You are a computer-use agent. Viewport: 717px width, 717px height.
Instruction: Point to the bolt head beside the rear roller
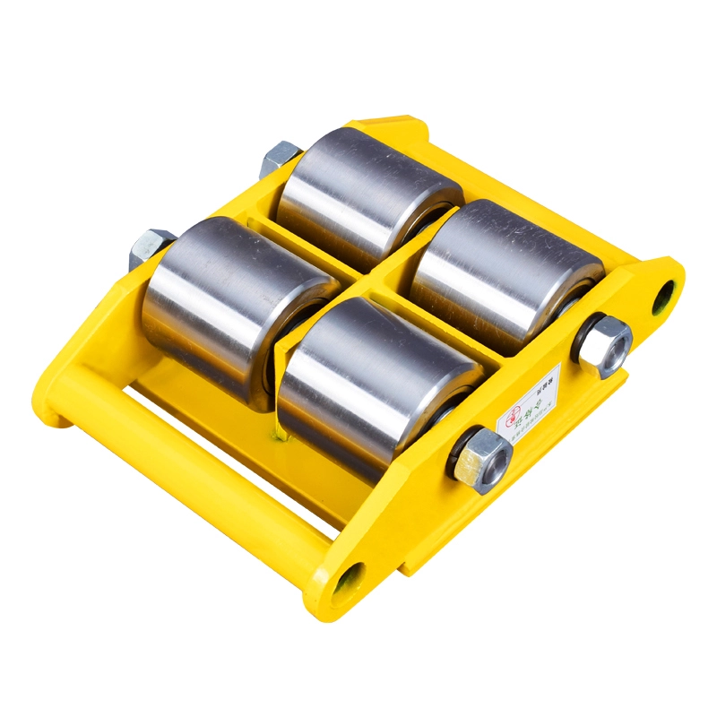[x=281, y=159]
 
